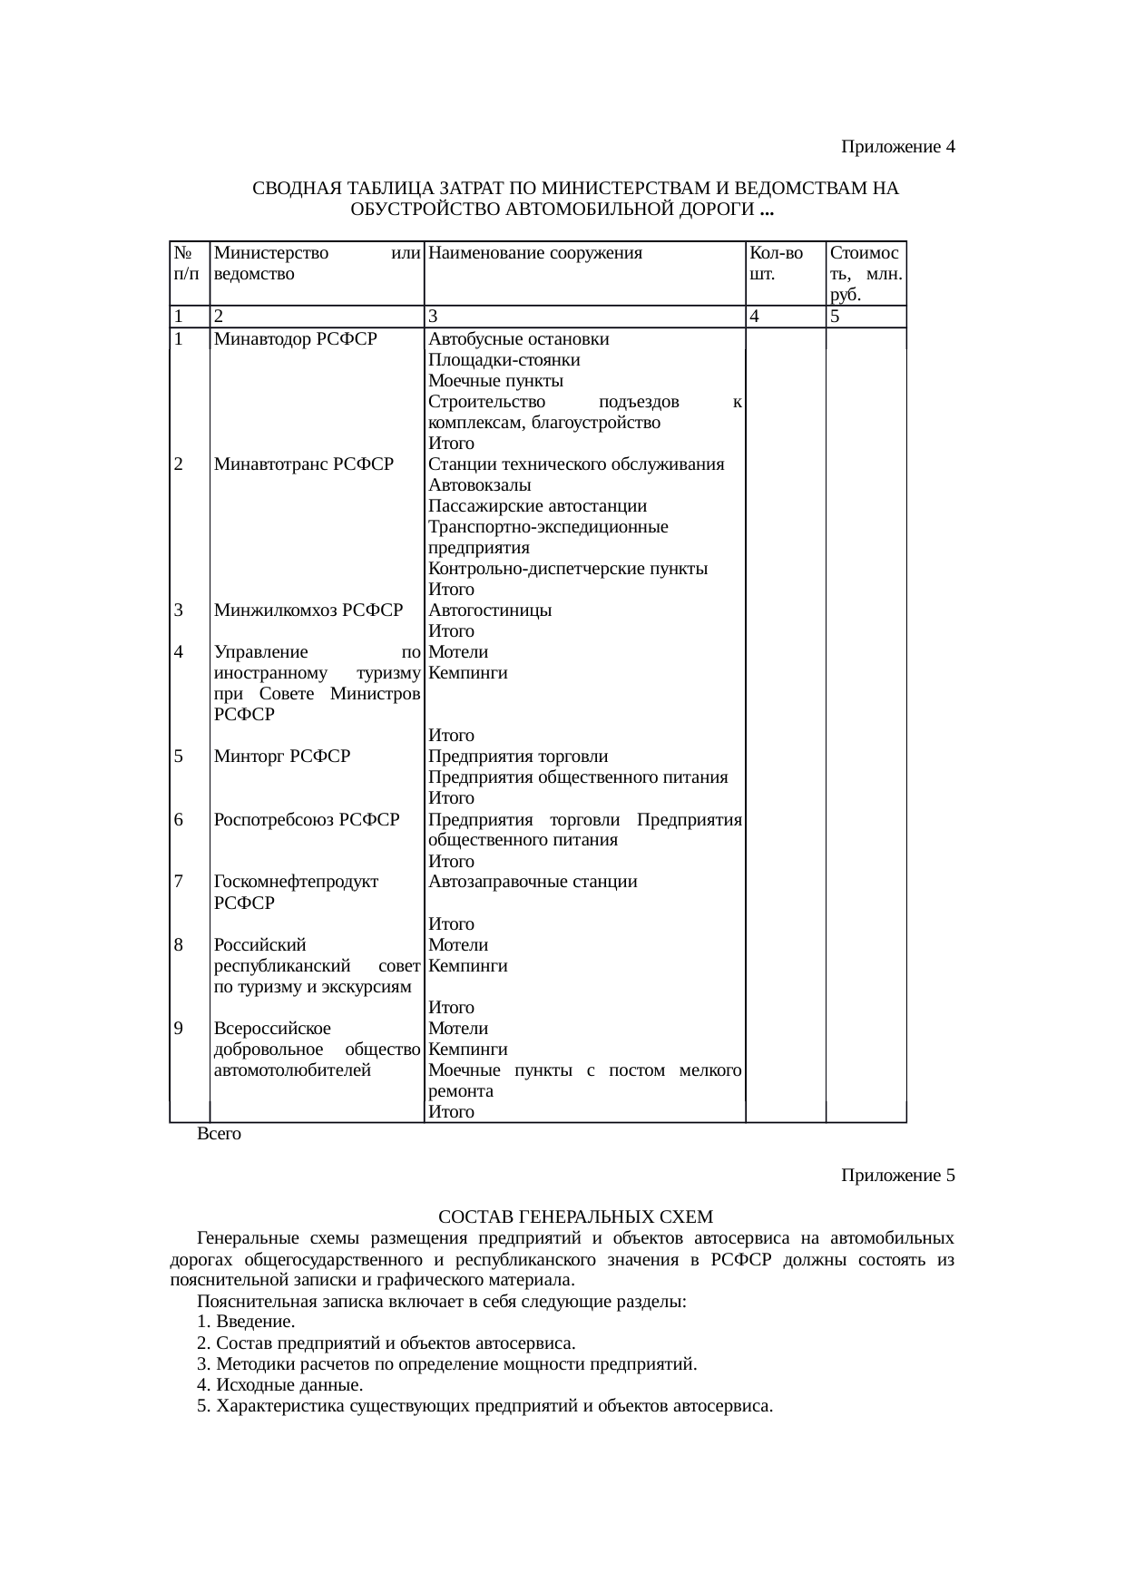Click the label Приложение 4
point(897,146)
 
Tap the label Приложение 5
point(897,1176)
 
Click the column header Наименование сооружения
point(535,254)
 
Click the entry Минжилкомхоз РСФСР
point(308,610)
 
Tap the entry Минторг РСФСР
point(281,757)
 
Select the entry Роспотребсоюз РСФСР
point(307,820)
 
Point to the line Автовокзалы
point(480,485)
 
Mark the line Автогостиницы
point(490,610)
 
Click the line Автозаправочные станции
point(533,882)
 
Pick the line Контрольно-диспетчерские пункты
point(568,569)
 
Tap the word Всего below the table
point(219,1134)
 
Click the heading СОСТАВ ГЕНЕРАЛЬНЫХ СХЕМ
point(575,1216)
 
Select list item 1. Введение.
point(245,1323)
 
